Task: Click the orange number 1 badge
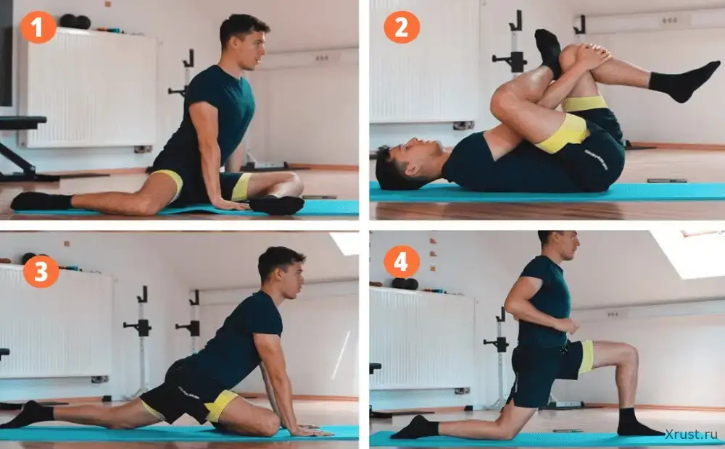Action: point(38,27)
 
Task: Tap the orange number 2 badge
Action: point(402,27)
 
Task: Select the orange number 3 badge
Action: point(41,271)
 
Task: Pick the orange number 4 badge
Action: point(402,262)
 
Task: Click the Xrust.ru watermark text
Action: point(691,435)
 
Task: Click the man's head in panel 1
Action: point(244,41)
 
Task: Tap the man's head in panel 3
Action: point(282,272)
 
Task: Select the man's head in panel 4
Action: point(560,244)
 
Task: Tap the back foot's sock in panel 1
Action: point(41,201)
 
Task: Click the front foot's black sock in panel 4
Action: point(637,423)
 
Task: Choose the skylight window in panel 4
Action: point(689,253)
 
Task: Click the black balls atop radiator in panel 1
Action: point(75,21)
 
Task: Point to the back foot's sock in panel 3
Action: point(28,414)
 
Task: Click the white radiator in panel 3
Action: point(56,322)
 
